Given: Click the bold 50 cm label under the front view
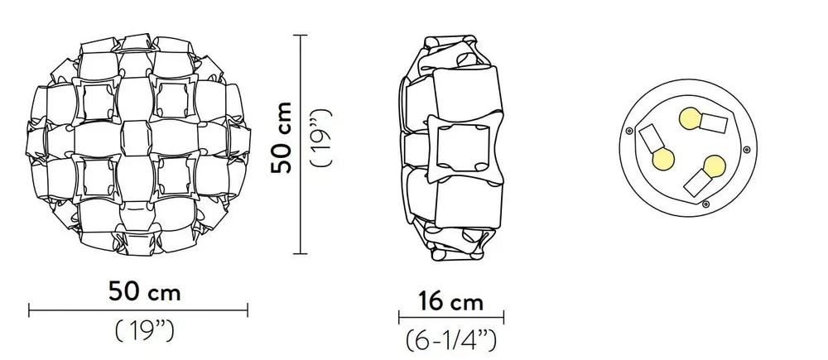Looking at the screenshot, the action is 145,291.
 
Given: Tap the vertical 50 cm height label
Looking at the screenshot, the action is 282,137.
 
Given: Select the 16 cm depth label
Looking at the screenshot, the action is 451,301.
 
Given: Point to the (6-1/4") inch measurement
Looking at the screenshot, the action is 451,340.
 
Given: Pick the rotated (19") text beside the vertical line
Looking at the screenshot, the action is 321,137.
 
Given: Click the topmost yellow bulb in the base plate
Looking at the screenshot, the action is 690,119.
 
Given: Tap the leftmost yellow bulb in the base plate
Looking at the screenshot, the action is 663,160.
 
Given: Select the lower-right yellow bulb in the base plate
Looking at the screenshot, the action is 714,166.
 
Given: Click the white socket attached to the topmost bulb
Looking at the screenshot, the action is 713,123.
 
